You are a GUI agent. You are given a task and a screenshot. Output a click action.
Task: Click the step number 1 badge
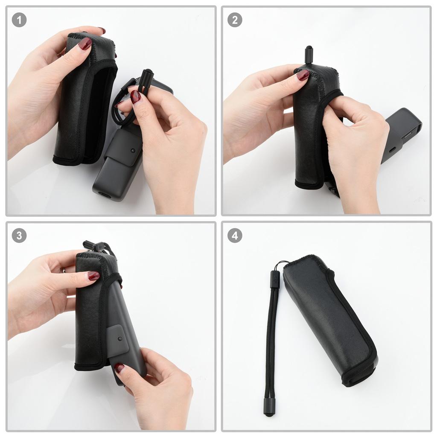[x=19, y=20]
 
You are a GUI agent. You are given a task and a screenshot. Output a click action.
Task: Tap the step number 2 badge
[x=235, y=20]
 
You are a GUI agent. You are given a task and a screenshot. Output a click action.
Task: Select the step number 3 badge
[x=19, y=235]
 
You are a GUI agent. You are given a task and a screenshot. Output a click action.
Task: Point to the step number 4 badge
[x=235, y=235]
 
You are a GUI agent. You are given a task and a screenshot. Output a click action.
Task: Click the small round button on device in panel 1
[x=134, y=151]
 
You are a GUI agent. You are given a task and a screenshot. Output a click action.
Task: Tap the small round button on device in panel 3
[x=121, y=338]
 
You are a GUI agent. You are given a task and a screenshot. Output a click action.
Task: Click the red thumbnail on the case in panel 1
[x=85, y=43]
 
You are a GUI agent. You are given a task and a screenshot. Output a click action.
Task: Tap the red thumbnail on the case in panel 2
[x=303, y=75]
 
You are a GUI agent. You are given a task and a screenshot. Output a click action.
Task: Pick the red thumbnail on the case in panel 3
[x=93, y=276]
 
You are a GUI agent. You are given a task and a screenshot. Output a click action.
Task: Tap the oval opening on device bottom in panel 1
[x=104, y=194]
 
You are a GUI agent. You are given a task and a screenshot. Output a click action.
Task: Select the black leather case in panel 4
[x=331, y=320]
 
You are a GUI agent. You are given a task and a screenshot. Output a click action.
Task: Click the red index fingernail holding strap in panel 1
[x=135, y=96]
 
